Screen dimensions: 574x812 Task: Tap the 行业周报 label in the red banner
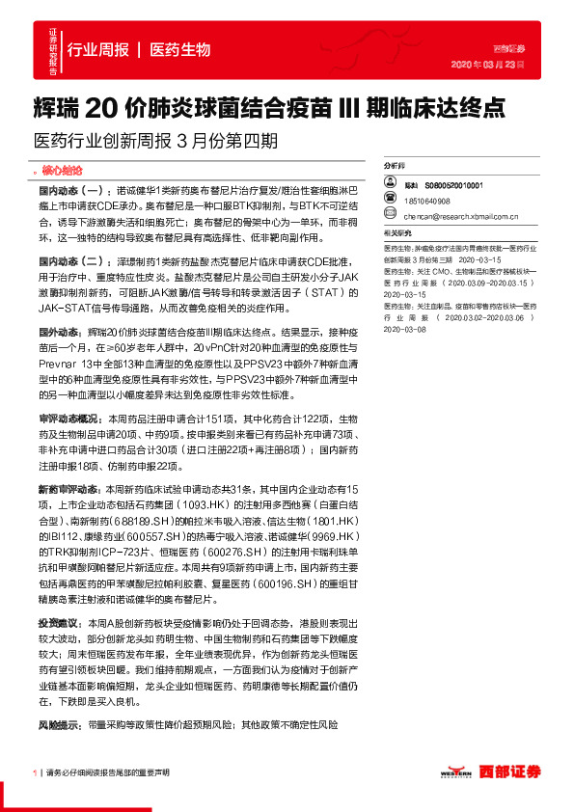click(x=98, y=49)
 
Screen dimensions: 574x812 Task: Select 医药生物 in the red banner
click(x=180, y=49)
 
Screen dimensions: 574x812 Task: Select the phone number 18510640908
click(x=427, y=201)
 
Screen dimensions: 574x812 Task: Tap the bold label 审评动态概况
click(x=68, y=420)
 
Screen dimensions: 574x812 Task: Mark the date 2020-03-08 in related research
click(x=405, y=329)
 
